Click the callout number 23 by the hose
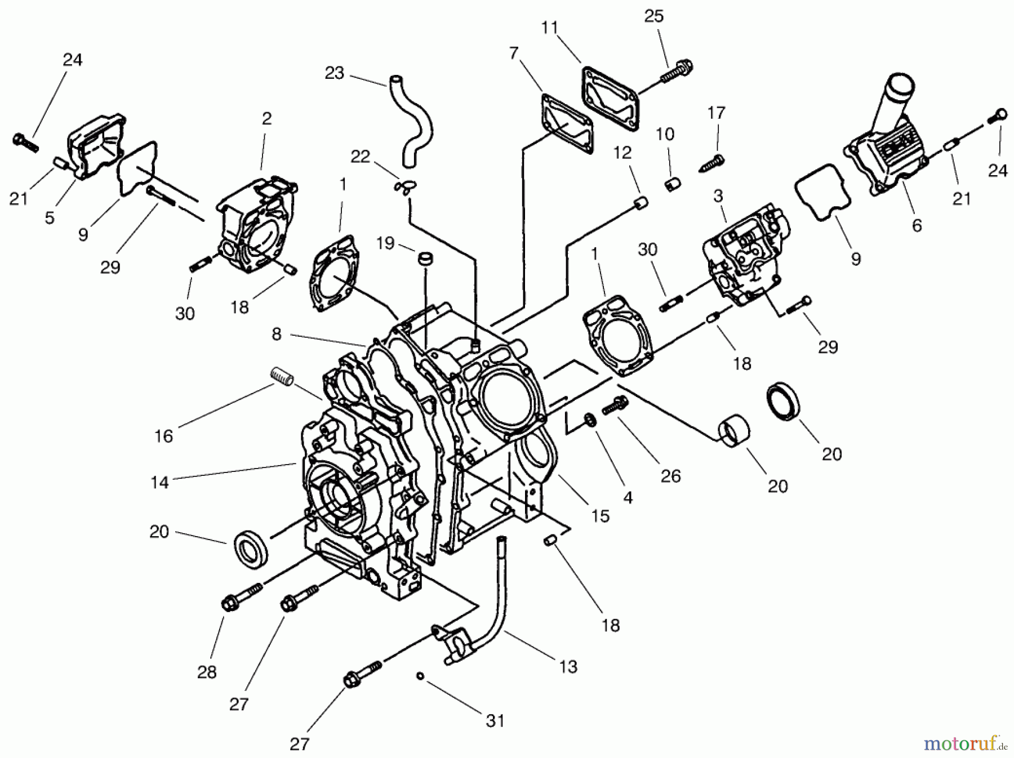pos(335,74)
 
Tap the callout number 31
pos(495,720)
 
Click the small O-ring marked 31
pos(420,676)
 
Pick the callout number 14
pos(160,483)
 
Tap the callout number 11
pos(550,28)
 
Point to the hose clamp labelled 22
pos(403,186)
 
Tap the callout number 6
pos(917,225)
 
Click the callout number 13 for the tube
pos(568,666)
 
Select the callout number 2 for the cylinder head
pos(266,118)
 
